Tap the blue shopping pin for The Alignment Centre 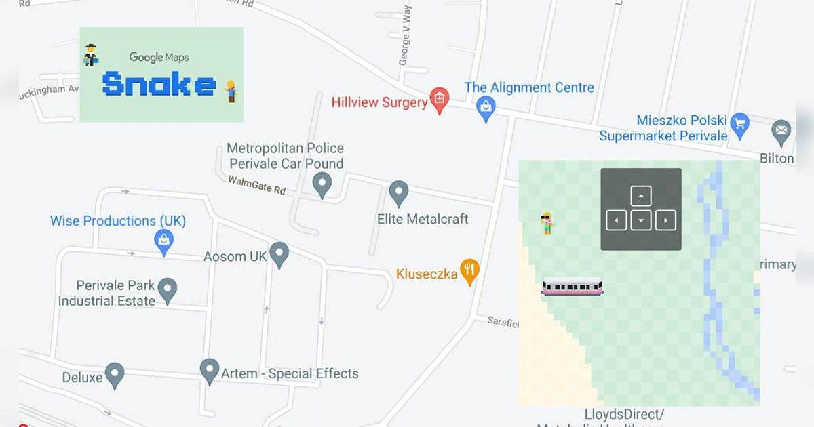486,108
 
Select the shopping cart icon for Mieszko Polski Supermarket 739,123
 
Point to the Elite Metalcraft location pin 399,193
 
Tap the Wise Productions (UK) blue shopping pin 163,241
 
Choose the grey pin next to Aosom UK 279,254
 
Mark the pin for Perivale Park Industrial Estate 168,290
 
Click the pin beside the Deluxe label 114,374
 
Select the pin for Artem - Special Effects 210,371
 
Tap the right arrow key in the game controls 666,220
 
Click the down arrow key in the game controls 641,220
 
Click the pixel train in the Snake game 572,287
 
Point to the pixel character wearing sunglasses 547,223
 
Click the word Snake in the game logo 159,84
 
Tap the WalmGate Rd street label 256,184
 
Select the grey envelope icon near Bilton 781,129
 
